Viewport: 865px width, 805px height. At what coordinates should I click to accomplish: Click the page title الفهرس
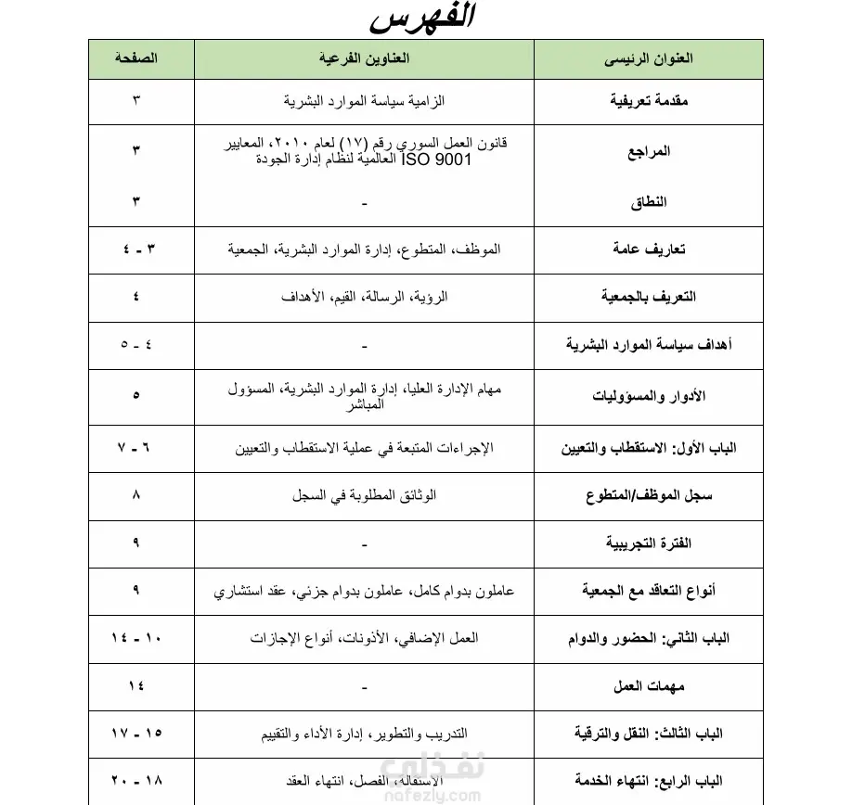tap(422, 19)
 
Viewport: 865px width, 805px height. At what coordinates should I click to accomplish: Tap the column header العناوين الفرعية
tap(363, 58)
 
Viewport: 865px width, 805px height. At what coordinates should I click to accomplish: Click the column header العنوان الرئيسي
tap(648, 58)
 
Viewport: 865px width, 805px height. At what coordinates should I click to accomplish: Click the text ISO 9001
tap(437, 160)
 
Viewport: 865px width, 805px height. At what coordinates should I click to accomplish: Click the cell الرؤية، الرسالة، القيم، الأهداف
tap(364, 297)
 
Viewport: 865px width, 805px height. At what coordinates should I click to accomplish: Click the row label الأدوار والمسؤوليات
tap(649, 395)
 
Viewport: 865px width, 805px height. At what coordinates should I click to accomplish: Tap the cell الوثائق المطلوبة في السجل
tap(364, 495)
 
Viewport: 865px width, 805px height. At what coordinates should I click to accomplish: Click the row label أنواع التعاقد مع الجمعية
tap(649, 591)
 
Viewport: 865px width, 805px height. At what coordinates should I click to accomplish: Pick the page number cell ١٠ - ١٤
tap(136, 638)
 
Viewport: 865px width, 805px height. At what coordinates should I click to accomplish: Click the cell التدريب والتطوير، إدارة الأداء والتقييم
tap(364, 734)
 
